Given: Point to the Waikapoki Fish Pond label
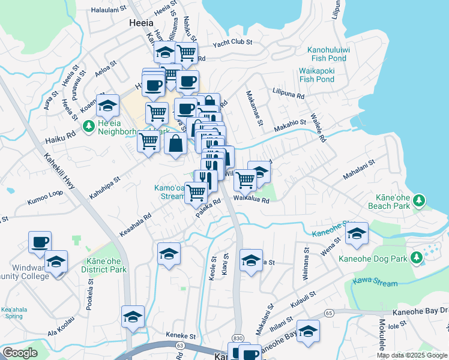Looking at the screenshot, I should coord(316,75).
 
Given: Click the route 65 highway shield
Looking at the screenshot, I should coord(329,313).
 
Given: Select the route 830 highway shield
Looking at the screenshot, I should coord(238,340).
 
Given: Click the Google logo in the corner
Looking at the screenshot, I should coord(20,353).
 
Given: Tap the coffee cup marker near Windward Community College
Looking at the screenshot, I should coord(40,242).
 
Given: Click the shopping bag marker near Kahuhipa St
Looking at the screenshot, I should coord(175,144).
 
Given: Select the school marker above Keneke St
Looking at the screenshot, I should coord(132,316).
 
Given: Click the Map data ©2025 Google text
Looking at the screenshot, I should coord(411,355).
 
